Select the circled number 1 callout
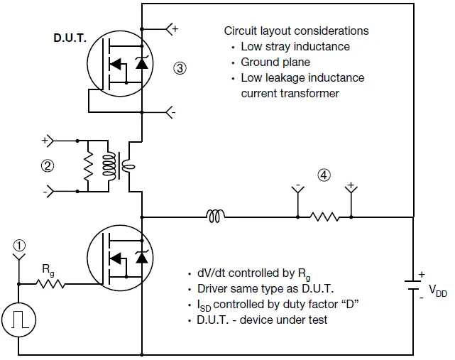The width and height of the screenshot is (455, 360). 20,244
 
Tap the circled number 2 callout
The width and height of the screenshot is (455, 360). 47,166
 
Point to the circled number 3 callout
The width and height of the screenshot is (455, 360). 180,68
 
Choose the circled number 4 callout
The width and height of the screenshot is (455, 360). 324,175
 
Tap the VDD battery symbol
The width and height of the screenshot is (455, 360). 413,285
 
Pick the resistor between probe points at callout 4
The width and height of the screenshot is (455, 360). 324,215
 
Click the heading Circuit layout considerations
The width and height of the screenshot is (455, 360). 296,31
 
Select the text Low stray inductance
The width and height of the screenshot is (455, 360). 295,47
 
